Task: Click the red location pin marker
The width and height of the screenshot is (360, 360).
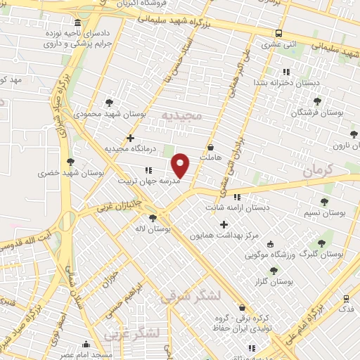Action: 181,165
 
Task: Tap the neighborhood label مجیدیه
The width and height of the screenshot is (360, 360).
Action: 181,115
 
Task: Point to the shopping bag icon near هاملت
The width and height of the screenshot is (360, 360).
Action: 212,148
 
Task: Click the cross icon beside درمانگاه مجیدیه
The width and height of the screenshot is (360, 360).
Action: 130,138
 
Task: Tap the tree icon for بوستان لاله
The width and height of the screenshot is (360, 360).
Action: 153,219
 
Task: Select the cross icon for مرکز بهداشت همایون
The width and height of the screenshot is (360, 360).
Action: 224,225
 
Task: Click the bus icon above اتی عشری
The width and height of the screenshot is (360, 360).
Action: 279,33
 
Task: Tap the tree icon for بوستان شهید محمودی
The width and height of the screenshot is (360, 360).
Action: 108,102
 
